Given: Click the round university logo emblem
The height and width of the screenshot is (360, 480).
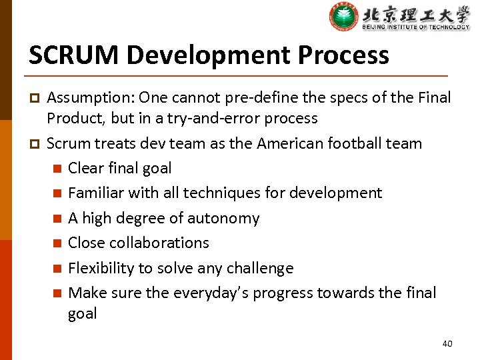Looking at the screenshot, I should (343, 17).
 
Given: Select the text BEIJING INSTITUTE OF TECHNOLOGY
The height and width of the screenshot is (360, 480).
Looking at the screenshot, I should (416, 27).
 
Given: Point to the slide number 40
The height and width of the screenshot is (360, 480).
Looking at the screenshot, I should (447, 343).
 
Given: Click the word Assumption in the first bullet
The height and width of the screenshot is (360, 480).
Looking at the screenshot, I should (90, 98).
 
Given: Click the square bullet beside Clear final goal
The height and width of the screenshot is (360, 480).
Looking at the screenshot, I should (58, 169).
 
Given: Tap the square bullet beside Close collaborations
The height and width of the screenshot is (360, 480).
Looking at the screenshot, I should (58, 243).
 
